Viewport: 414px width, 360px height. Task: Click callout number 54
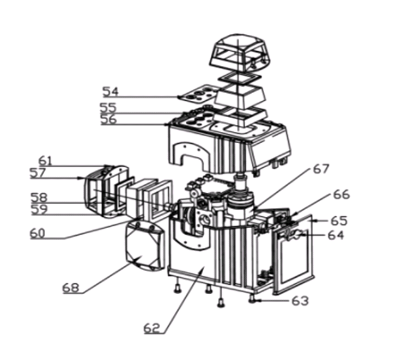pyautogui.click(x=111, y=91)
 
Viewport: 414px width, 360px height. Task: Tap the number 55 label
pyautogui.click(x=108, y=108)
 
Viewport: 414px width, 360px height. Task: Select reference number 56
pyautogui.click(x=109, y=119)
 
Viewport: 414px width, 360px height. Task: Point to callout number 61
pyautogui.click(x=46, y=161)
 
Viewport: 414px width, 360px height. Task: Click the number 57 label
pyautogui.click(x=38, y=173)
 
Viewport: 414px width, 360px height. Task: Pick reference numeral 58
pyautogui.click(x=39, y=197)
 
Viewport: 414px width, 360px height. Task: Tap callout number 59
pyautogui.click(x=40, y=209)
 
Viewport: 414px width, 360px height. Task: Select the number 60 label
pyautogui.click(x=38, y=233)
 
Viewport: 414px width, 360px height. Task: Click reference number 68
pyautogui.click(x=71, y=288)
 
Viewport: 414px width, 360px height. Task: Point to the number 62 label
pyautogui.click(x=152, y=328)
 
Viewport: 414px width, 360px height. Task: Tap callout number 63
pyautogui.click(x=300, y=301)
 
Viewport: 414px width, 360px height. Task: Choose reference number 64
pyautogui.click(x=336, y=235)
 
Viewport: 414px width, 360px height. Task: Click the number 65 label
pyautogui.click(x=339, y=221)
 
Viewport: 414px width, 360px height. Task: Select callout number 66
pyautogui.click(x=342, y=194)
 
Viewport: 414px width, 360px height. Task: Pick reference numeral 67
pyautogui.click(x=321, y=169)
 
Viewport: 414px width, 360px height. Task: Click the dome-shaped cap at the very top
pyautogui.click(x=240, y=53)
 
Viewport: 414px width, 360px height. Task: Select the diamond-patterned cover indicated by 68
pyautogui.click(x=144, y=246)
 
